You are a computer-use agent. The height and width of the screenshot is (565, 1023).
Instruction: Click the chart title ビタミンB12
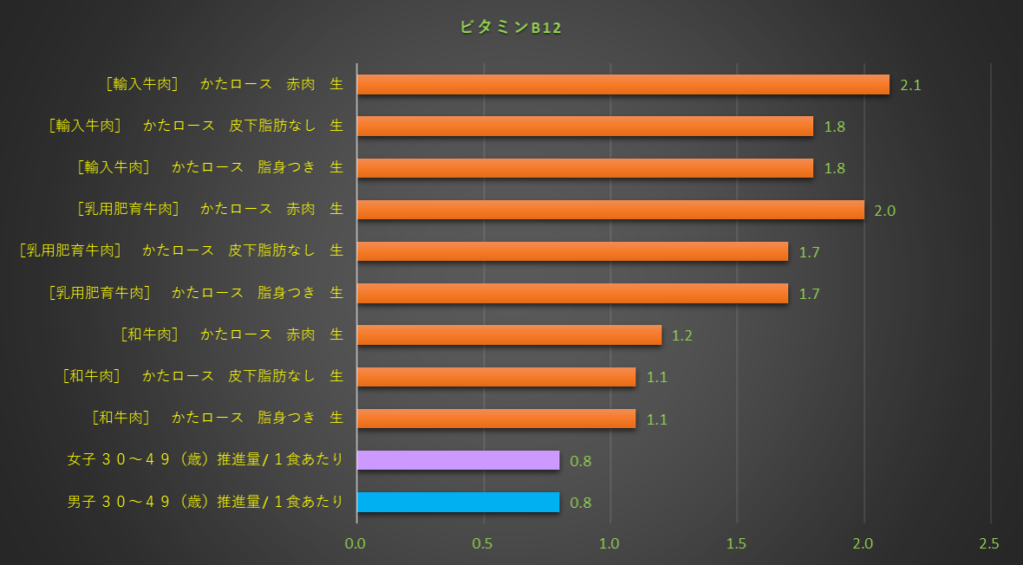(x=511, y=28)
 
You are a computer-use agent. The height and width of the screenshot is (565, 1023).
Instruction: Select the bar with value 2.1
(x=622, y=84)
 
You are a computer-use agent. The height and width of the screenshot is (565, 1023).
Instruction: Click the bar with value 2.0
(x=609, y=209)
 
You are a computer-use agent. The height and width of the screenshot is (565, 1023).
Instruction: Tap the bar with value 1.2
(x=509, y=335)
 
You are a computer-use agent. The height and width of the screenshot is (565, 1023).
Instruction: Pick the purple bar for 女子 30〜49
(x=458, y=460)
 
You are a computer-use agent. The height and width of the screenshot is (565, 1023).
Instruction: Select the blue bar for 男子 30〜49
(x=458, y=502)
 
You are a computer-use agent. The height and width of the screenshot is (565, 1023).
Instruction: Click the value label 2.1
(x=910, y=85)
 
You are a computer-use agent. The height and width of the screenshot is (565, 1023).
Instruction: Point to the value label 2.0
(x=884, y=210)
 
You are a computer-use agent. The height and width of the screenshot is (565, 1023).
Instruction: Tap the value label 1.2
(x=682, y=336)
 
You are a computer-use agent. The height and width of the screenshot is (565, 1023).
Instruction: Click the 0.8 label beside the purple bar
(x=580, y=461)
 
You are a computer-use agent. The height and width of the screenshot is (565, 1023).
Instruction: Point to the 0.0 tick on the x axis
(x=356, y=543)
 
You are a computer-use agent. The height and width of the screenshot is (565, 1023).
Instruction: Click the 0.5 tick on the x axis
(x=484, y=543)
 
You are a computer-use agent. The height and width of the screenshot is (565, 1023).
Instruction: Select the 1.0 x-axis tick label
(x=609, y=543)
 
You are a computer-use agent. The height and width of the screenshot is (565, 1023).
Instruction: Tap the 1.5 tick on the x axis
(x=736, y=543)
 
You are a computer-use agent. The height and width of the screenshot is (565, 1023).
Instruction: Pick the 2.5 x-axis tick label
(x=989, y=543)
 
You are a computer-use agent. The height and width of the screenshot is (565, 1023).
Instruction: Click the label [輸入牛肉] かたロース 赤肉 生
(x=224, y=84)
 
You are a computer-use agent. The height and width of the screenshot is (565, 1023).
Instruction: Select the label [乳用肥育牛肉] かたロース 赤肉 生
(x=210, y=209)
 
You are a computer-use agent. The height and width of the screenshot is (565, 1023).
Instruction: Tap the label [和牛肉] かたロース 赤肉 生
(x=231, y=335)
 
